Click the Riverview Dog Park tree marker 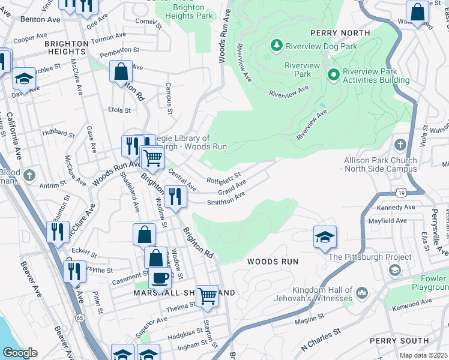pos(277,45)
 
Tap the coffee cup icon pos(160,278)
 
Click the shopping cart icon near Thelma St pos(207,295)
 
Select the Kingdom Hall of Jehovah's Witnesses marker pos(361,293)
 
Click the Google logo pos(20,353)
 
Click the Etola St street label pos(119,110)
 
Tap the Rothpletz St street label pos(223,178)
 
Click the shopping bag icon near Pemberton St pos(121,71)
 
